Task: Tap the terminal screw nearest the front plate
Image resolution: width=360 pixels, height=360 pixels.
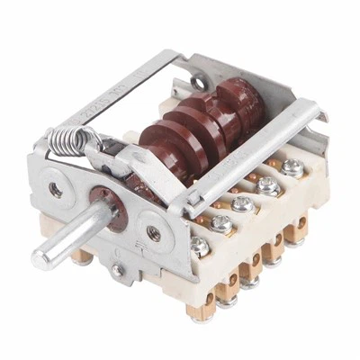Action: pyautogui.click(x=200, y=244)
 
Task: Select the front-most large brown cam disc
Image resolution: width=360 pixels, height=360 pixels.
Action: pyautogui.click(x=166, y=144)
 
